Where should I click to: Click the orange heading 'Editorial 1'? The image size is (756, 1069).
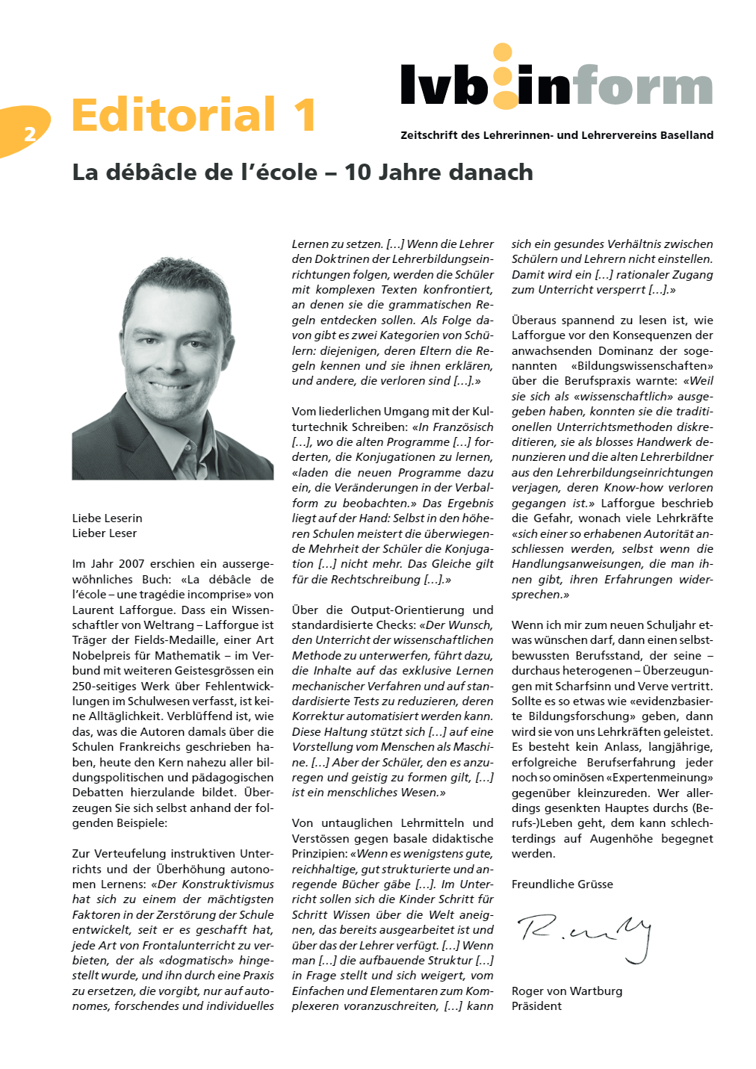[x=194, y=115]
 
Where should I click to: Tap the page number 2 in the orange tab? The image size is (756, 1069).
[x=30, y=134]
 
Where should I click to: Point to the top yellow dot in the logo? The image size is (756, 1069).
[x=503, y=53]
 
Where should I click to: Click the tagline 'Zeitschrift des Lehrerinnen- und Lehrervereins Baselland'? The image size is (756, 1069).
[x=557, y=135]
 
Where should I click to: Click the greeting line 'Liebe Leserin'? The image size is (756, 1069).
[x=107, y=518]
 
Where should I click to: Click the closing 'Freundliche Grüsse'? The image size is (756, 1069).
[x=562, y=884]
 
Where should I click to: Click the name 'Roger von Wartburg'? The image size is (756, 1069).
[x=566, y=991]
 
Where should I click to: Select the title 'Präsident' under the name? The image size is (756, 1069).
[x=536, y=1006]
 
